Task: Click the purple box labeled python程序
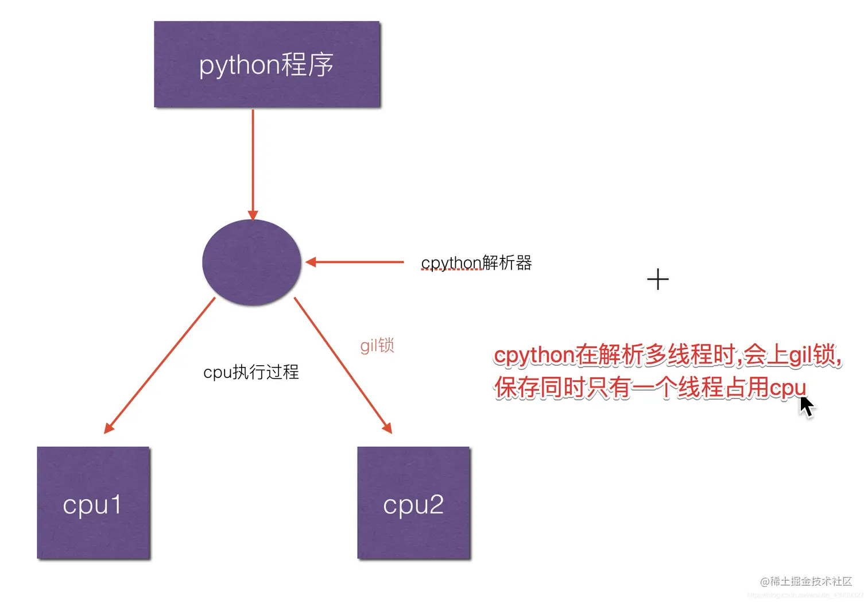(x=267, y=64)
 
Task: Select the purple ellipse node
(x=251, y=262)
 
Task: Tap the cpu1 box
(x=94, y=502)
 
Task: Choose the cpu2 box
(x=413, y=502)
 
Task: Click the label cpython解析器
(x=476, y=263)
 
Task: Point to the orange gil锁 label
(x=377, y=345)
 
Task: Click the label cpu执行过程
(x=251, y=372)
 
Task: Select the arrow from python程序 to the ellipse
(x=253, y=161)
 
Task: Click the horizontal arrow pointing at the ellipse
(x=356, y=262)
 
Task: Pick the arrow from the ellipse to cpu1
(x=160, y=365)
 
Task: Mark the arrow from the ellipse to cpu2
(x=343, y=365)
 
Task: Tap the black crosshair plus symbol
(x=658, y=280)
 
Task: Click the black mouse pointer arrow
(x=806, y=405)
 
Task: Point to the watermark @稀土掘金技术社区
(x=806, y=581)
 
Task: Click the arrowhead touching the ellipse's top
(x=253, y=215)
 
